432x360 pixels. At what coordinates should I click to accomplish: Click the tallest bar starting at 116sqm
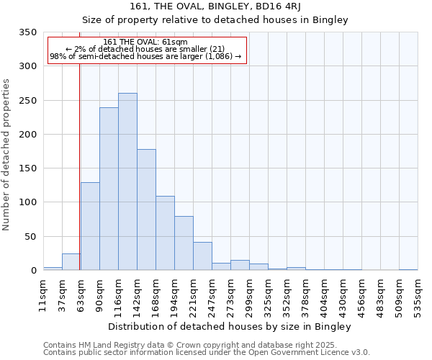click(127, 181)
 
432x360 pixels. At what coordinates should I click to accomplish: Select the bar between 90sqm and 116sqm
click(109, 189)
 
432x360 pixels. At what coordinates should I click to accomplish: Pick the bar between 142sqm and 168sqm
click(146, 210)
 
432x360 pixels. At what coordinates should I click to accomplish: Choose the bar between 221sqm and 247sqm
click(202, 256)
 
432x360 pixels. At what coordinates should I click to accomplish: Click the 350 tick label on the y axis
click(27, 32)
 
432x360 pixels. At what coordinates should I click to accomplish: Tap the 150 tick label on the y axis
click(27, 168)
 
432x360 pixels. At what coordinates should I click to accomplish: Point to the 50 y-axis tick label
click(30, 236)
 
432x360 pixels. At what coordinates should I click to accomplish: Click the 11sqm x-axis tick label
click(43, 293)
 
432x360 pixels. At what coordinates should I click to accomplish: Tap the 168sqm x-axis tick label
click(156, 293)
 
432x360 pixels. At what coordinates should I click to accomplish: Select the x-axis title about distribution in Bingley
click(229, 327)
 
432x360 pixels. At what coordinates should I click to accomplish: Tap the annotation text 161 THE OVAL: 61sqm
click(145, 42)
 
